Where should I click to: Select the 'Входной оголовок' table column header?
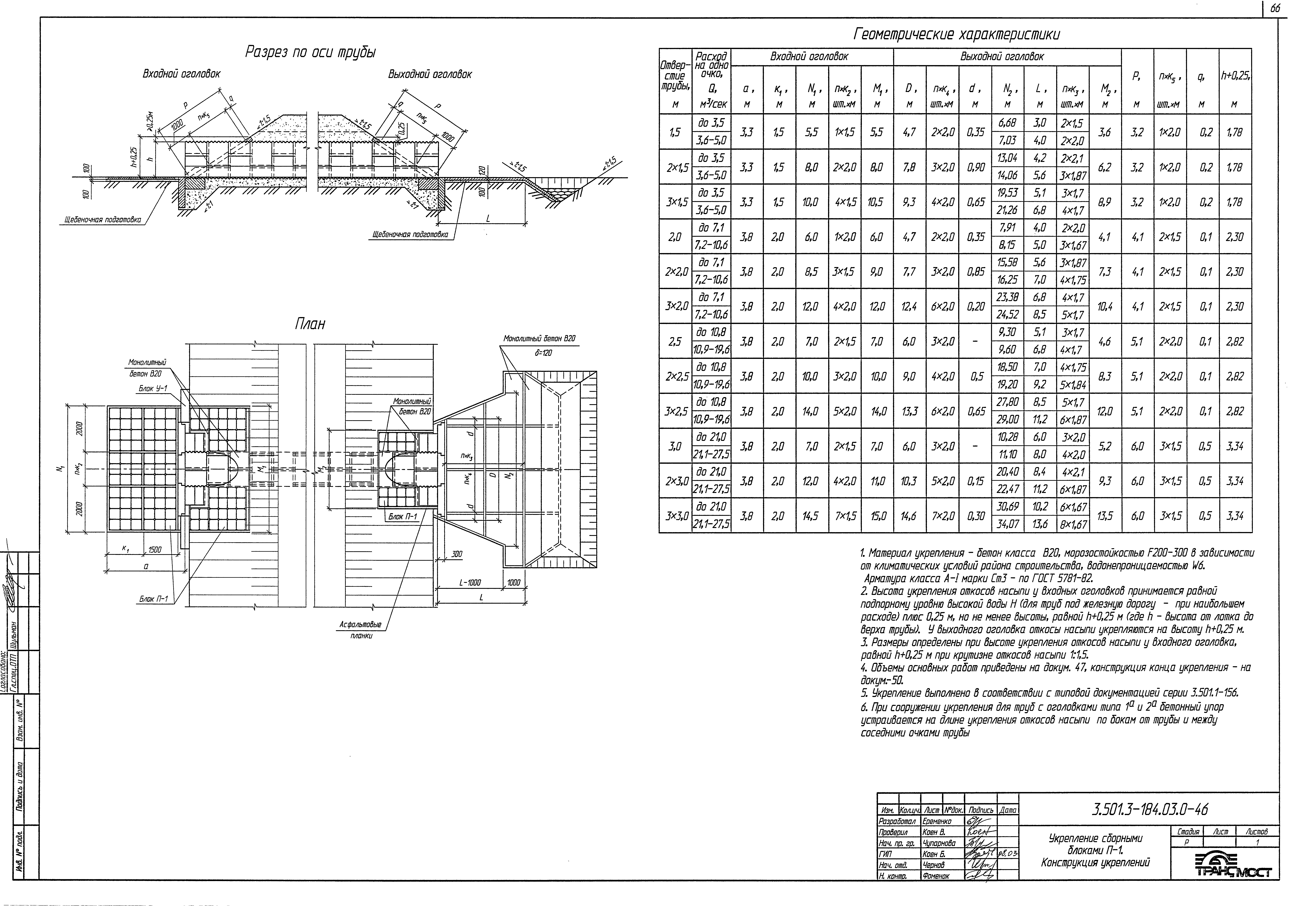pos(809,57)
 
